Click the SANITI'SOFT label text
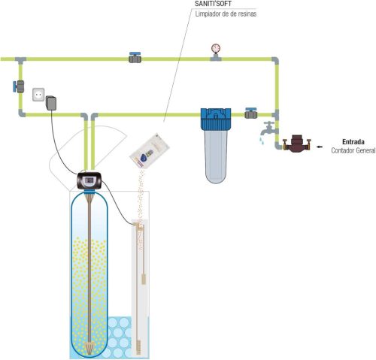click(x=213, y=4)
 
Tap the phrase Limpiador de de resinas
click(x=226, y=14)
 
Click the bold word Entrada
click(x=353, y=142)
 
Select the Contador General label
click(x=353, y=150)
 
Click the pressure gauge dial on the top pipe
click(x=216, y=48)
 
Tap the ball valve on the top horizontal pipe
click(x=135, y=58)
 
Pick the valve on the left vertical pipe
click(x=19, y=86)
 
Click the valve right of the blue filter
click(x=251, y=113)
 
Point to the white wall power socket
click(x=38, y=95)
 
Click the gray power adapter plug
click(x=51, y=103)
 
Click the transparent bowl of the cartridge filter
click(x=216, y=156)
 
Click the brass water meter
click(x=297, y=144)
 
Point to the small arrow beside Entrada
click(x=319, y=147)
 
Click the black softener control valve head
click(x=89, y=180)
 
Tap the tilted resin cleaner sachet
click(x=150, y=151)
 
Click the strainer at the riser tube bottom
click(x=89, y=347)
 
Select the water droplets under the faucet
click(x=262, y=140)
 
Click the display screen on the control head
click(x=89, y=180)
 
